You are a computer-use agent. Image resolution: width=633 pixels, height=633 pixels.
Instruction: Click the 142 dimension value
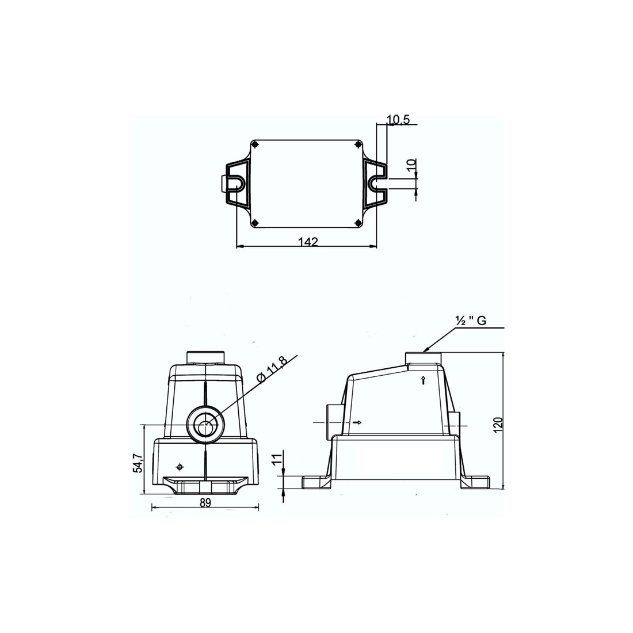pos(308,242)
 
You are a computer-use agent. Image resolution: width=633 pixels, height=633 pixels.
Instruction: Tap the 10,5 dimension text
pos(398,120)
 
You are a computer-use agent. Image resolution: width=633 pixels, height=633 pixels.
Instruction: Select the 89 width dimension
pos(205,502)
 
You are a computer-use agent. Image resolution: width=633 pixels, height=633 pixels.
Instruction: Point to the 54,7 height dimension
pos(138,463)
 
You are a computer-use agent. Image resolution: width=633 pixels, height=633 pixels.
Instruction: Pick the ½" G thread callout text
pos(471,321)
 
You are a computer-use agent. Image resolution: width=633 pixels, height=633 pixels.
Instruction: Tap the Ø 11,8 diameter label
pos(273,370)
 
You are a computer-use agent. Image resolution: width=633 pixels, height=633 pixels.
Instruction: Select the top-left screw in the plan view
pos(254,144)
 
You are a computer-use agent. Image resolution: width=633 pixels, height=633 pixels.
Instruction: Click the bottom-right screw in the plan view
pos(357,223)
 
